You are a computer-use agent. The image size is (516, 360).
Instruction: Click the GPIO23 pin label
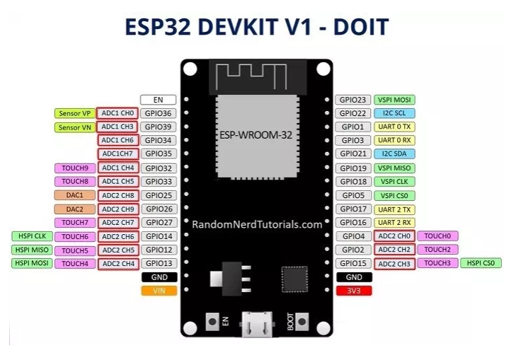[352, 100]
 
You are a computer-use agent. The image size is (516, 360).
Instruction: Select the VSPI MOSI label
[394, 100]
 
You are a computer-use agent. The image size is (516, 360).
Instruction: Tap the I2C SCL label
[394, 113]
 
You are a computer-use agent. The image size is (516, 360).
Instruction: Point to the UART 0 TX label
[394, 127]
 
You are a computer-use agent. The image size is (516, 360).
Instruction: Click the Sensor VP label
[74, 113]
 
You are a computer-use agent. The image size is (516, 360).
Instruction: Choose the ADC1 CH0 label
[117, 113]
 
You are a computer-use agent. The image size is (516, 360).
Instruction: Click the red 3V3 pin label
[352, 291]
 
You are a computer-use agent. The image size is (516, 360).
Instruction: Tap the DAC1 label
[74, 195]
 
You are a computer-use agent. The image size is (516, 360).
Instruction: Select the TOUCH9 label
[74, 168]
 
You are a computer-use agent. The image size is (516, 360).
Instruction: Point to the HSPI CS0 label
[481, 263]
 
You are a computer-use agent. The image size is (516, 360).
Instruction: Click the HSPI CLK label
[29, 236]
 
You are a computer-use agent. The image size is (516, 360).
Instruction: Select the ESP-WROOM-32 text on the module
[256, 134]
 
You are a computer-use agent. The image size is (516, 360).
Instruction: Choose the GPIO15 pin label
[352, 263]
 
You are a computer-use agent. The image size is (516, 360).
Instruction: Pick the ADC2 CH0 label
[394, 236]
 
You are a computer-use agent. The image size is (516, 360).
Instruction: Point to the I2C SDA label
[394, 154]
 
